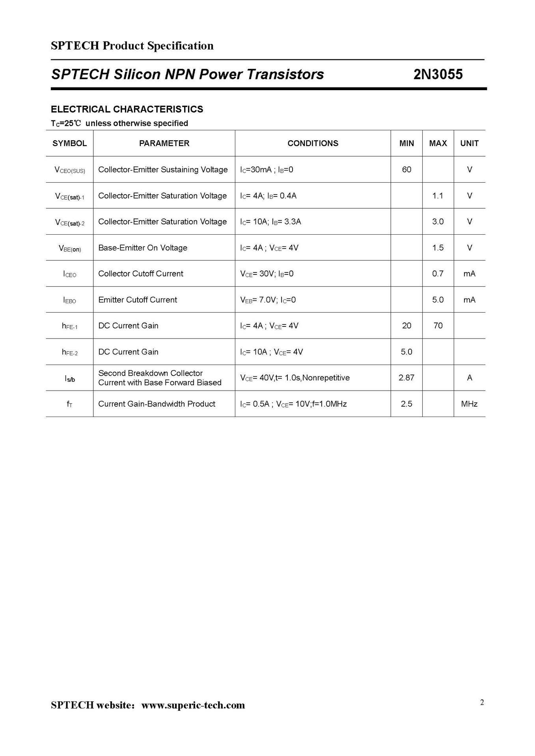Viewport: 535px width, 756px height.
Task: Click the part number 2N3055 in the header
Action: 438,74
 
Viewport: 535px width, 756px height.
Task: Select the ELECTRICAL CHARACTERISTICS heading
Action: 127,109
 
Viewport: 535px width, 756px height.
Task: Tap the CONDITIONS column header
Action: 313,143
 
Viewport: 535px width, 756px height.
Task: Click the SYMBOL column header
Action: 69,143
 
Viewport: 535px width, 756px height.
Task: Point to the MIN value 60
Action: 406,170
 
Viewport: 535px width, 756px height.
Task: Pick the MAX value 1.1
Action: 438,196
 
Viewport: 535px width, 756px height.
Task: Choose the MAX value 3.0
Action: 438,222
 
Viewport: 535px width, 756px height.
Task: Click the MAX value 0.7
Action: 438,274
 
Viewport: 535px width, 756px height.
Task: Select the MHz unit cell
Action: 469,404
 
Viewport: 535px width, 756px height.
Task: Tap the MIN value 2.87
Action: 406,378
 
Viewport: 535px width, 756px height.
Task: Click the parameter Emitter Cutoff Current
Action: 138,300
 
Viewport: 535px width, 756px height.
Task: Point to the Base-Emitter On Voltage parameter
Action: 143,248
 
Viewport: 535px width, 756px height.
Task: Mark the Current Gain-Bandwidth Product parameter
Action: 157,404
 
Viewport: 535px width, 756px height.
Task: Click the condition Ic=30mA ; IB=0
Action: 267,170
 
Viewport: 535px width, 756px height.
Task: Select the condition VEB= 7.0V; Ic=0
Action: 268,300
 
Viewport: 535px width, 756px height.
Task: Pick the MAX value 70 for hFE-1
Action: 438,326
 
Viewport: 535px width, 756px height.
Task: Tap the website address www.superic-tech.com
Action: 193,705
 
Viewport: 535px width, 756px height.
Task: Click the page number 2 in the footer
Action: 482,702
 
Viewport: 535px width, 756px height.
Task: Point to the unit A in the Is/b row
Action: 469,378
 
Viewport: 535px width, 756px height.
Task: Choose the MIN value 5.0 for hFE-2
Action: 406,352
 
